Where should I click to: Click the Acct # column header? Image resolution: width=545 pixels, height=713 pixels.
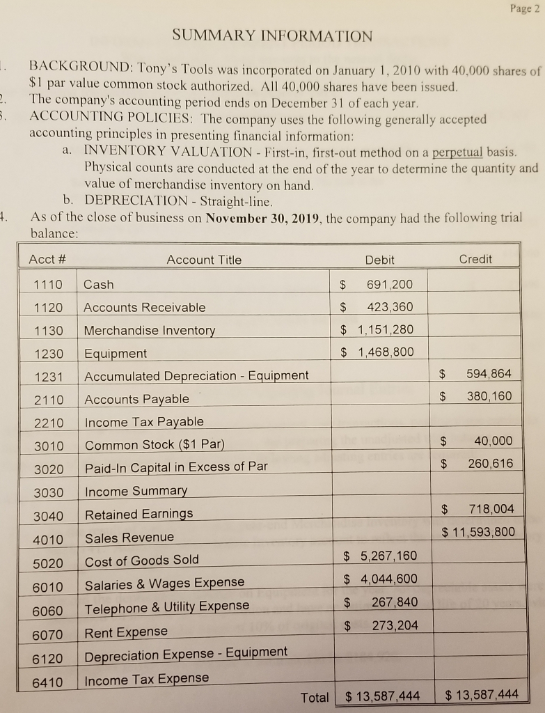(48, 260)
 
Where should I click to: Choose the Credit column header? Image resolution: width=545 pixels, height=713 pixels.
(475, 259)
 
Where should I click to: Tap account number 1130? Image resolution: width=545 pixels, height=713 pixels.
(49, 331)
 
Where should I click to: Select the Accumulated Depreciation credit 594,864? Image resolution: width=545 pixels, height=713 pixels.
(490, 374)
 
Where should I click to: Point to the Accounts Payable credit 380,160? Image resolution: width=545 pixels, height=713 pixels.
(490, 397)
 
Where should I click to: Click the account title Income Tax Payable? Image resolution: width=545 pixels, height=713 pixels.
(144, 422)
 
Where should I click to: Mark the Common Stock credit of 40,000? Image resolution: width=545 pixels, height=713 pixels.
(492, 441)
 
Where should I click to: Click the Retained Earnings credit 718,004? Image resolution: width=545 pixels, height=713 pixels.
(491, 510)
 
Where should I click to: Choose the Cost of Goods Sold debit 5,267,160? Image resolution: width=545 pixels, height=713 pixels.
(389, 556)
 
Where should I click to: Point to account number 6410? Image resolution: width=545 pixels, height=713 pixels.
(49, 681)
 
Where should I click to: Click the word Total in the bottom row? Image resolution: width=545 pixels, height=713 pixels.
(314, 697)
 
